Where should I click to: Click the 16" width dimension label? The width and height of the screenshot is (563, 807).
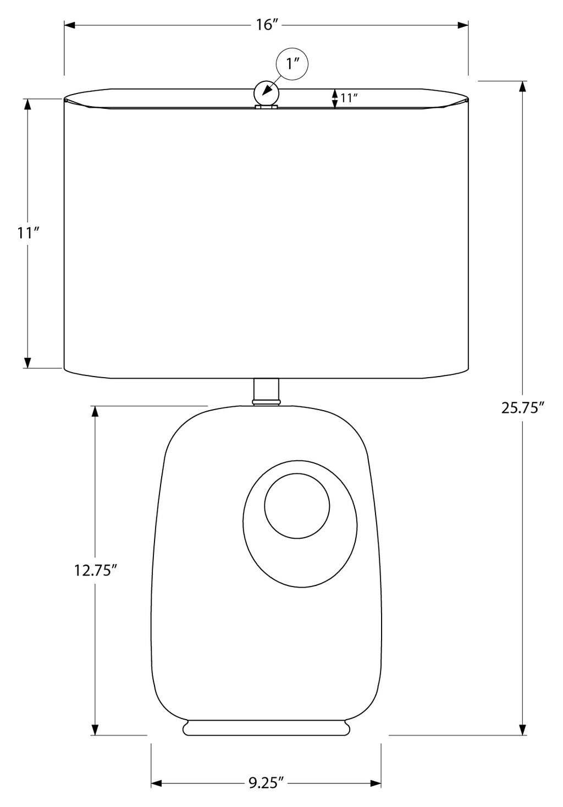[267, 25]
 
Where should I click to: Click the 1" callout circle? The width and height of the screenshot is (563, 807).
[292, 64]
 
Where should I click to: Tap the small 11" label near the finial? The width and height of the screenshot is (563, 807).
[349, 98]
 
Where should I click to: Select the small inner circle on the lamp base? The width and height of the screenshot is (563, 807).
[296, 506]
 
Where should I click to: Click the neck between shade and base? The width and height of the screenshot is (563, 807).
[266, 391]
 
